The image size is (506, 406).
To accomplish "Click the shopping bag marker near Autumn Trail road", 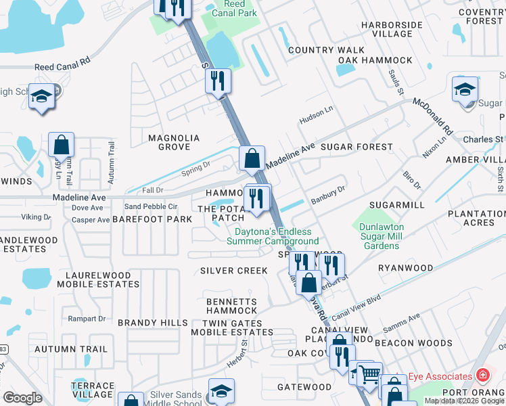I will click(61, 145).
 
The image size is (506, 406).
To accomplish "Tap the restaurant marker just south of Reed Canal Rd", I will click(218, 81).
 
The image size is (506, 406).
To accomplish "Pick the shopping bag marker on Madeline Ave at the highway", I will click(252, 160).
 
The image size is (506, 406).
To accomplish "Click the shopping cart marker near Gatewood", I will click(369, 374).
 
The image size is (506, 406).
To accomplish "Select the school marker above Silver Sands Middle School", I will click(221, 391).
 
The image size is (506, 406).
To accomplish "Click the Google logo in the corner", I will click(23, 398).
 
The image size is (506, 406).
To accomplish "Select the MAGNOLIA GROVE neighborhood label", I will click(174, 142).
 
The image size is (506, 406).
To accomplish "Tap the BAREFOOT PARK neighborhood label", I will click(152, 219).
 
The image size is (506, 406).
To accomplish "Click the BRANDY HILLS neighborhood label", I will click(152, 323).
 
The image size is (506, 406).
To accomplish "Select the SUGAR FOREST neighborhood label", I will click(356, 147).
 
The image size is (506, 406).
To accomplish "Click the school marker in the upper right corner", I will click(465, 89).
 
